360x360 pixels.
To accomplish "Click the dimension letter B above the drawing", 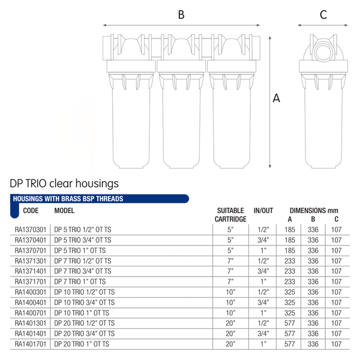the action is pos(181,14).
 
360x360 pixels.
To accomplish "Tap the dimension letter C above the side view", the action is pos(323,14).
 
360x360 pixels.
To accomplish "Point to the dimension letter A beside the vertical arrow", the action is pos(276,98).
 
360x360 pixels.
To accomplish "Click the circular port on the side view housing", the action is pos(323,52).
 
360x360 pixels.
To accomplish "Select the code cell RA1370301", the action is pos(31,230).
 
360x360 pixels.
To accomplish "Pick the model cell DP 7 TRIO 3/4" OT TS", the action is pos(83,271).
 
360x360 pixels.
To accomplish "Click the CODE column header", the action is pos(31,211).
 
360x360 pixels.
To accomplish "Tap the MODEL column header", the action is pos(64,211).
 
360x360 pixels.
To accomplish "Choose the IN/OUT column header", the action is pos(263,211).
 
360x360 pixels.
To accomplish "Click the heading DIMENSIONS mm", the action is pos(314,211).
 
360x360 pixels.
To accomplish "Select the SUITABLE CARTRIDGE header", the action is pos(230,215).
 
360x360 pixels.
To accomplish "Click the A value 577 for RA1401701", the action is pos(290,344).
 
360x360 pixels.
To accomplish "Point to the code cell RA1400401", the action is pos(31,302).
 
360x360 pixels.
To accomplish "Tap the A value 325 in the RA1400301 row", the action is pos(290,292).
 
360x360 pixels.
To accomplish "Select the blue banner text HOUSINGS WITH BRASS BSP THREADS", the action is pos(68,199).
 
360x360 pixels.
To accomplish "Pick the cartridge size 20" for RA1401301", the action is pos(230,323).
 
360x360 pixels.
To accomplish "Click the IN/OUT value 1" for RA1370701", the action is pos(263,250).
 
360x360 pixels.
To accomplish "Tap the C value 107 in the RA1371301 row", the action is pos(337,261).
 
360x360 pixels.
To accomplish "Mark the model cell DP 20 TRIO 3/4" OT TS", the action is pos(84,334).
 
